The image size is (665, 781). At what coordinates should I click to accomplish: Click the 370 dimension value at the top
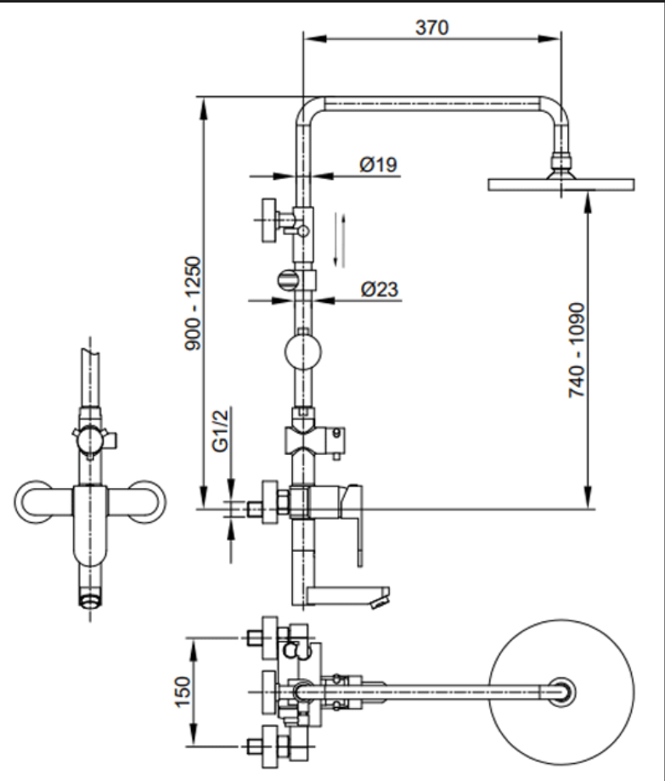[432, 26]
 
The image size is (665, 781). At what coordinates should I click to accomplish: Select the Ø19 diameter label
[379, 164]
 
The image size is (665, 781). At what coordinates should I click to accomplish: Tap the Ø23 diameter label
[379, 289]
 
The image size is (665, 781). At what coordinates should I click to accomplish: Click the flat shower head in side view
[561, 184]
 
